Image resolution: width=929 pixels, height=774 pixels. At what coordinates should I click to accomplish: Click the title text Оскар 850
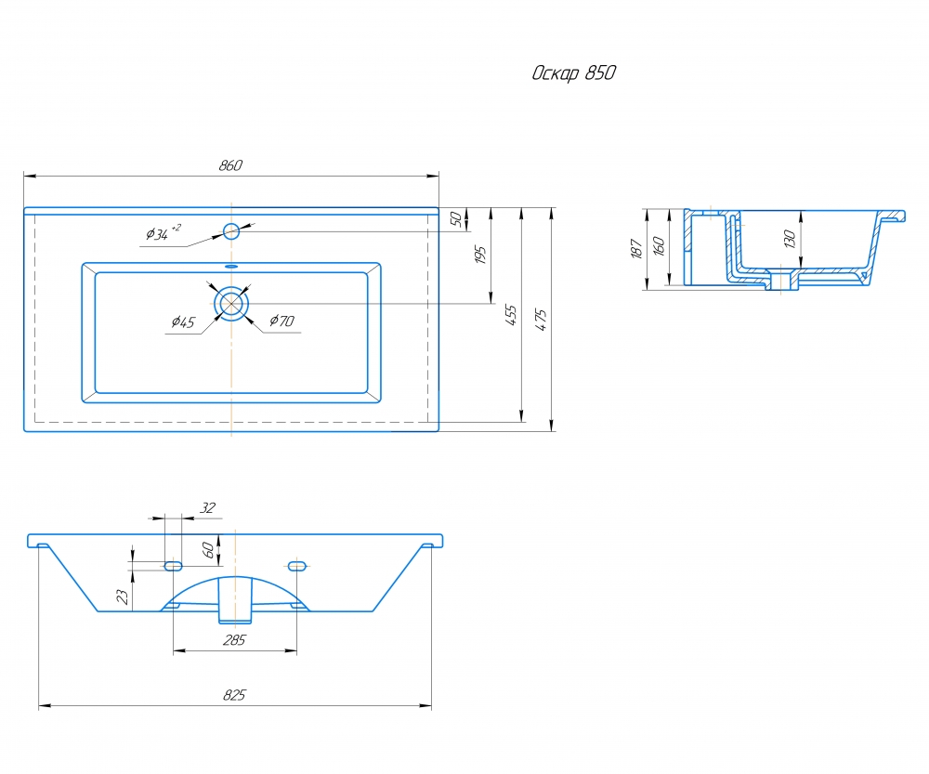pyautogui.click(x=573, y=72)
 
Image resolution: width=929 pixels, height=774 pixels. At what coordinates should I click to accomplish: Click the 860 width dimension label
pyautogui.click(x=230, y=165)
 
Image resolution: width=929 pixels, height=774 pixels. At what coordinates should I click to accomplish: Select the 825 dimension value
pyautogui.click(x=234, y=695)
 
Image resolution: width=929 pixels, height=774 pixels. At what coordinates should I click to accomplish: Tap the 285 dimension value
pyautogui.click(x=234, y=640)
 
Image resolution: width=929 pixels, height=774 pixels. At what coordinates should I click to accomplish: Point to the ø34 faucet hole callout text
pyautogui.click(x=163, y=232)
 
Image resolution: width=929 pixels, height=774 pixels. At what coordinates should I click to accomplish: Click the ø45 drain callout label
pyautogui.click(x=183, y=321)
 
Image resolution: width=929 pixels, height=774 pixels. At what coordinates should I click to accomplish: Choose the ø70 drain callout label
pyautogui.click(x=282, y=321)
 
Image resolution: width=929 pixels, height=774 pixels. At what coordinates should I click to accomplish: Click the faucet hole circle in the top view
pyautogui.click(x=231, y=231)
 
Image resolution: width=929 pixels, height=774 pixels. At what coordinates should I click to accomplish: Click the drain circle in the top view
pyautogui.click(x=231, y=304)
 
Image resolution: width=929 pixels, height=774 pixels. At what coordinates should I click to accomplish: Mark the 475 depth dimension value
pyautogui.click(x=541, y=320)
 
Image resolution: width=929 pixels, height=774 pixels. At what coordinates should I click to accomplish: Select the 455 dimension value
pyautogui.click(x=511, y=315)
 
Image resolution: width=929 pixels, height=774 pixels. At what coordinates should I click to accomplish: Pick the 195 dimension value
pyautogui.click(x=480, y=255)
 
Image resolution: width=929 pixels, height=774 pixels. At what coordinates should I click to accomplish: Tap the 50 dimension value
pyautogui.click(x=455, y=219)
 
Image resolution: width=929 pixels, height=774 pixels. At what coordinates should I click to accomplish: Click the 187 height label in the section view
pyautogui.click(x=637, y=249)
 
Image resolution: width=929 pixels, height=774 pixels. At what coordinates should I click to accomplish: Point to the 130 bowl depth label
pyautogui.click(x=789, y=240)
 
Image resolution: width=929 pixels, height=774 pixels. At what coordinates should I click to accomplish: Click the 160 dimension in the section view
pyautogui.click(x=659, y=246)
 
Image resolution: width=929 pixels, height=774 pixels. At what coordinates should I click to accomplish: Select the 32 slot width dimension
pyautogui.click(x=207, y=508)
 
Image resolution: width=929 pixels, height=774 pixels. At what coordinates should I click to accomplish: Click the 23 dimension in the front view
pyautogui.click(x=123, y=597)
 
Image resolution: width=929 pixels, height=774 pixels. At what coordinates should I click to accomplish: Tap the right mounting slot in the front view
pyautogui.click(x=297, y=567)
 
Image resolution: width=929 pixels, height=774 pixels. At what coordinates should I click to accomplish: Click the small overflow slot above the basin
pyautogui.click(x=231, y=266)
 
